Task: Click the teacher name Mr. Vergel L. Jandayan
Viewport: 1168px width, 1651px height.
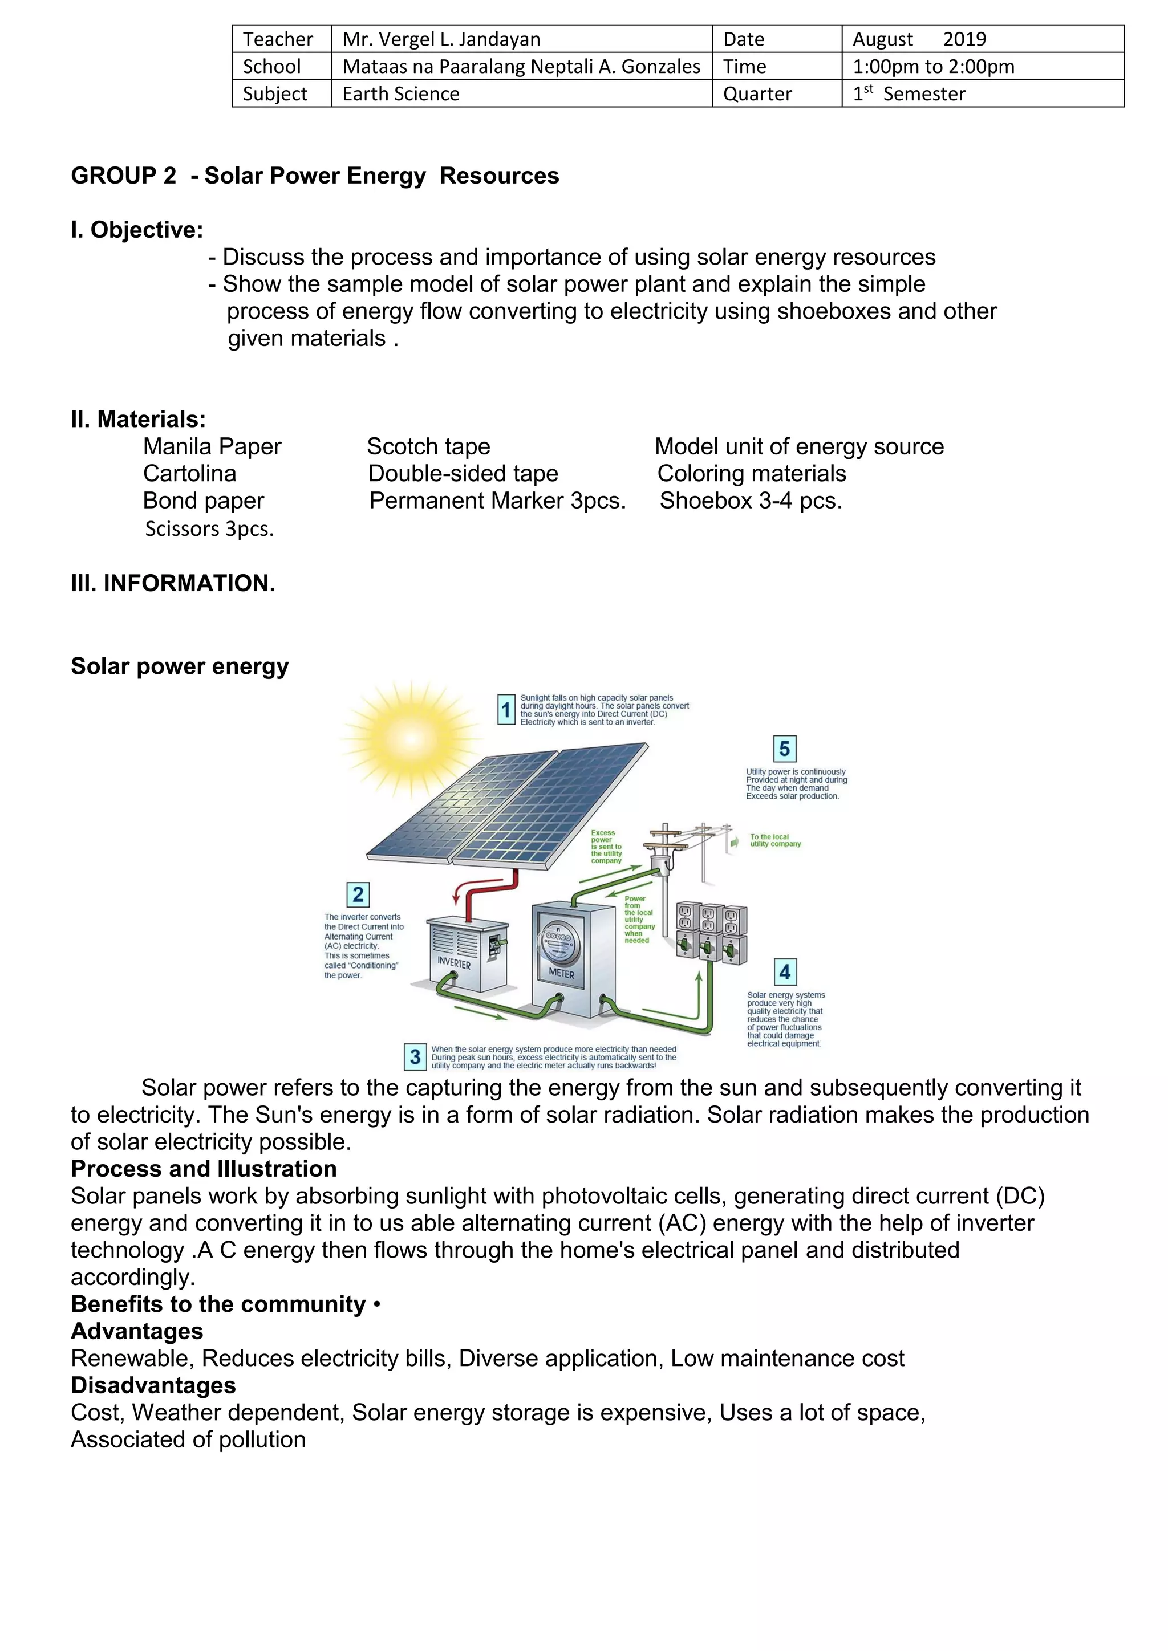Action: (441, 39)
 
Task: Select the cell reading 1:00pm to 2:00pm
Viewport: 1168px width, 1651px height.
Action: (933, 66)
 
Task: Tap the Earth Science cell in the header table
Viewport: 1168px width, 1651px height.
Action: (400, 93)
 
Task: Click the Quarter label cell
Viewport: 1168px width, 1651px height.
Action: (757, 93)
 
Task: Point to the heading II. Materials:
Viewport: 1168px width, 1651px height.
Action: (138, 418)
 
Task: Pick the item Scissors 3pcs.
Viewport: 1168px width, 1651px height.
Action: (209, 528)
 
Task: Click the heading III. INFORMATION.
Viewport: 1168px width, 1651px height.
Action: (173, 583)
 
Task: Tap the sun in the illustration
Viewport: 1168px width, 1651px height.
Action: (411, 738)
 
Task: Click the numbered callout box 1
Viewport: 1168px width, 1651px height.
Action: (506, 710)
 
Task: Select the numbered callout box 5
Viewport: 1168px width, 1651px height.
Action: (784, 749)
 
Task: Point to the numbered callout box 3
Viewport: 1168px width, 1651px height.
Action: (415, 1056)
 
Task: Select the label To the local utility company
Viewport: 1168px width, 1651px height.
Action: (774, 840)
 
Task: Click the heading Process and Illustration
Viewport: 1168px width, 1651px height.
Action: (204, 1169)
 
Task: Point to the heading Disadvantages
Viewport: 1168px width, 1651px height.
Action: (153, 1385)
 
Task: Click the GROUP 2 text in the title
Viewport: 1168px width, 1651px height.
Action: (123, 176)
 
